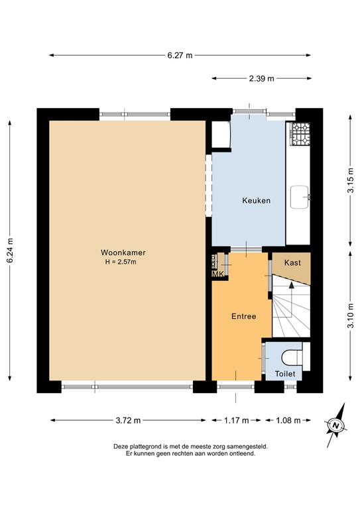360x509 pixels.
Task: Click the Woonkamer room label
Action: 123,253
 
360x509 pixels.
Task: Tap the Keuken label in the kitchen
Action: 256,201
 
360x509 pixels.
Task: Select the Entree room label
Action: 243,317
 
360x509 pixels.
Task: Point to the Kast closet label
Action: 292,263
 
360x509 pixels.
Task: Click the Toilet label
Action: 286,374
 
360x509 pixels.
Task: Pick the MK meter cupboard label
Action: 217,274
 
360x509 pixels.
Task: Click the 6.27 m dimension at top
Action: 180,56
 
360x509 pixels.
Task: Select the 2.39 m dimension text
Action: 262,78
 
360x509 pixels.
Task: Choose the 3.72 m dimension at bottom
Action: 128,420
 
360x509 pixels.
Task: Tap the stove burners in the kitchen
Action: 302,135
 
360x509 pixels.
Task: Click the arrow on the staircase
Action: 290,286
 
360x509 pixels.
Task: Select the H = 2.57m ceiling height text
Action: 123,262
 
